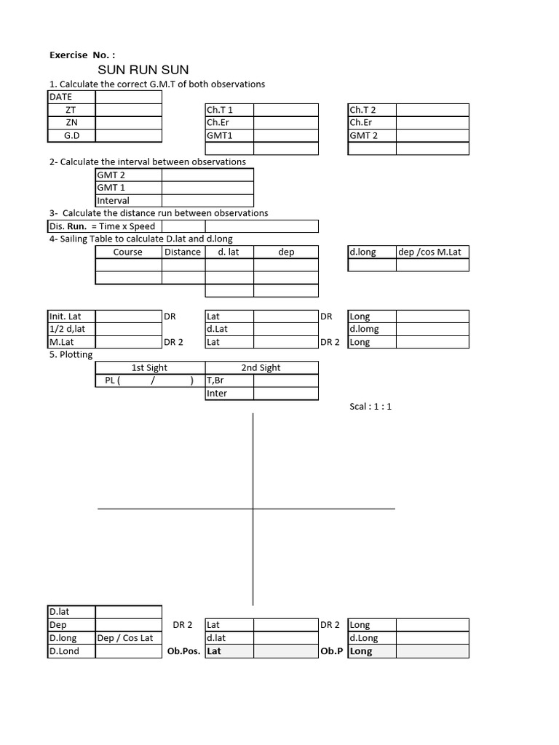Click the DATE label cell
(x=61, y=97)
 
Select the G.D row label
(x=71, y=135)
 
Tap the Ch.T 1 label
(x=220, y=110)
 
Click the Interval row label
(x=113, y=200)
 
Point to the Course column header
(x=128, y=252)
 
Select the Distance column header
(x=182, y=252)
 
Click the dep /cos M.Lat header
(x=430, y=252)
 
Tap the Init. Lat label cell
(x=66, y=316)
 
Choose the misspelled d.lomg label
(x=364, y=329)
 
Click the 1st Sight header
(x=149, y=367)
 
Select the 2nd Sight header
(x=261, y=367)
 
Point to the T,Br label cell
(x=217, y=381)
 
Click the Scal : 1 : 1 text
(x=370, y=406)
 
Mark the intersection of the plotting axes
(x=253, y=509)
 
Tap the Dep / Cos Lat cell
(x=126, y=638)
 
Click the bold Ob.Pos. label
(x=183, y=651)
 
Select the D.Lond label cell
(x=64, y=651)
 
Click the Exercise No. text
(x=82, y=55)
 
